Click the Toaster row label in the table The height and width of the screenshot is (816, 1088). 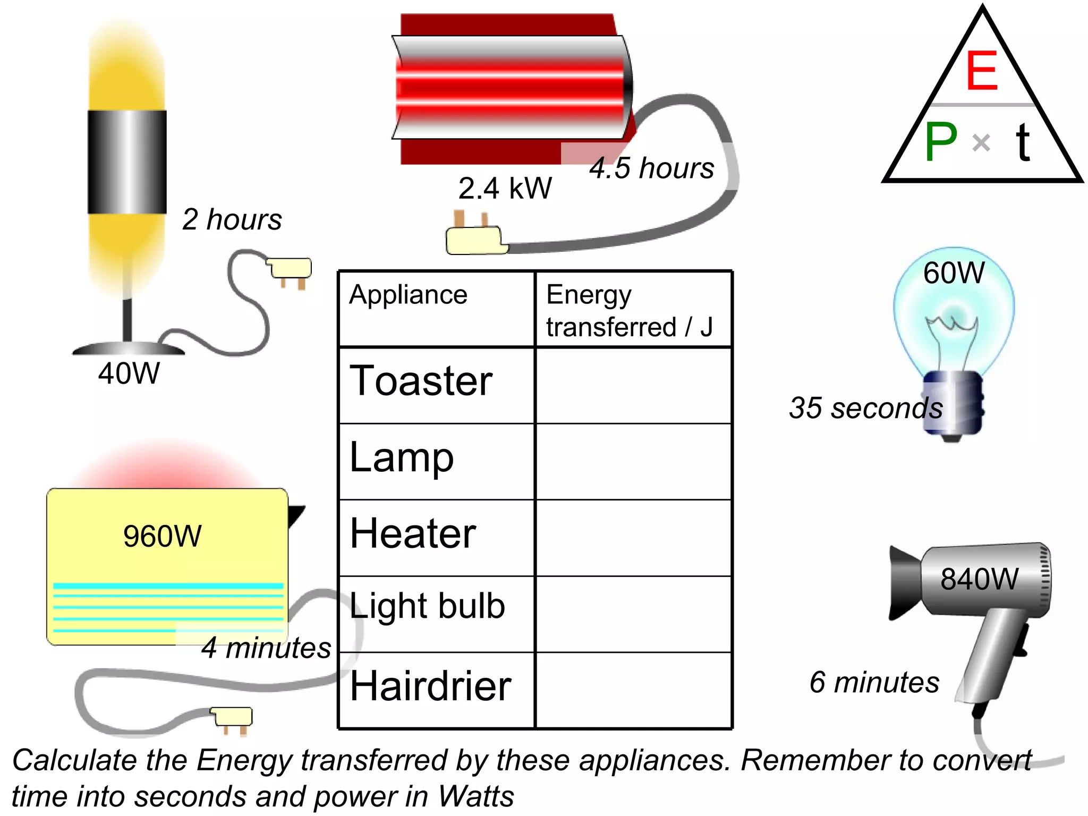pyautogui.click(x=421, y=381)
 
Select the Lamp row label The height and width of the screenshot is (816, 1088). pyautogui.click(x=402, y=458)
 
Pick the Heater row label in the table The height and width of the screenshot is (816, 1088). pyautogui.click(x=413, y=533)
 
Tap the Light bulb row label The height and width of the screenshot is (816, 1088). pyautogui.click(x=427, y=606)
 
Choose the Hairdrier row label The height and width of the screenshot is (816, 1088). pyautogui.click(x=430, y=686)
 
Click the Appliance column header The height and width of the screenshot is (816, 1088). pyautogui.click(x=408, y=294)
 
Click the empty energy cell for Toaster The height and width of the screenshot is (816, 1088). pyautogui.click(x=633, y=385)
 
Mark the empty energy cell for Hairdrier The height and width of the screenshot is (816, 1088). pyautogui.click(x=633, y=690)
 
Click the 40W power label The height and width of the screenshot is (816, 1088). pyautogui.click(x=129, y=373)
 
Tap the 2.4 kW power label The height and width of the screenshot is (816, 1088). pyautogui.click(x=505, y=188)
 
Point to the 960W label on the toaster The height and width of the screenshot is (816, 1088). pyautogui.click(x=162, y=535)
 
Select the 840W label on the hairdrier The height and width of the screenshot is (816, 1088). pyautogui.click(x=979, y=579)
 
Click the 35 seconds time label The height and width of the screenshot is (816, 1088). pyautogui.click(x=865, y=408)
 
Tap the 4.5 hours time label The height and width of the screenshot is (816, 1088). pyautogui.click(x=651, y=168)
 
